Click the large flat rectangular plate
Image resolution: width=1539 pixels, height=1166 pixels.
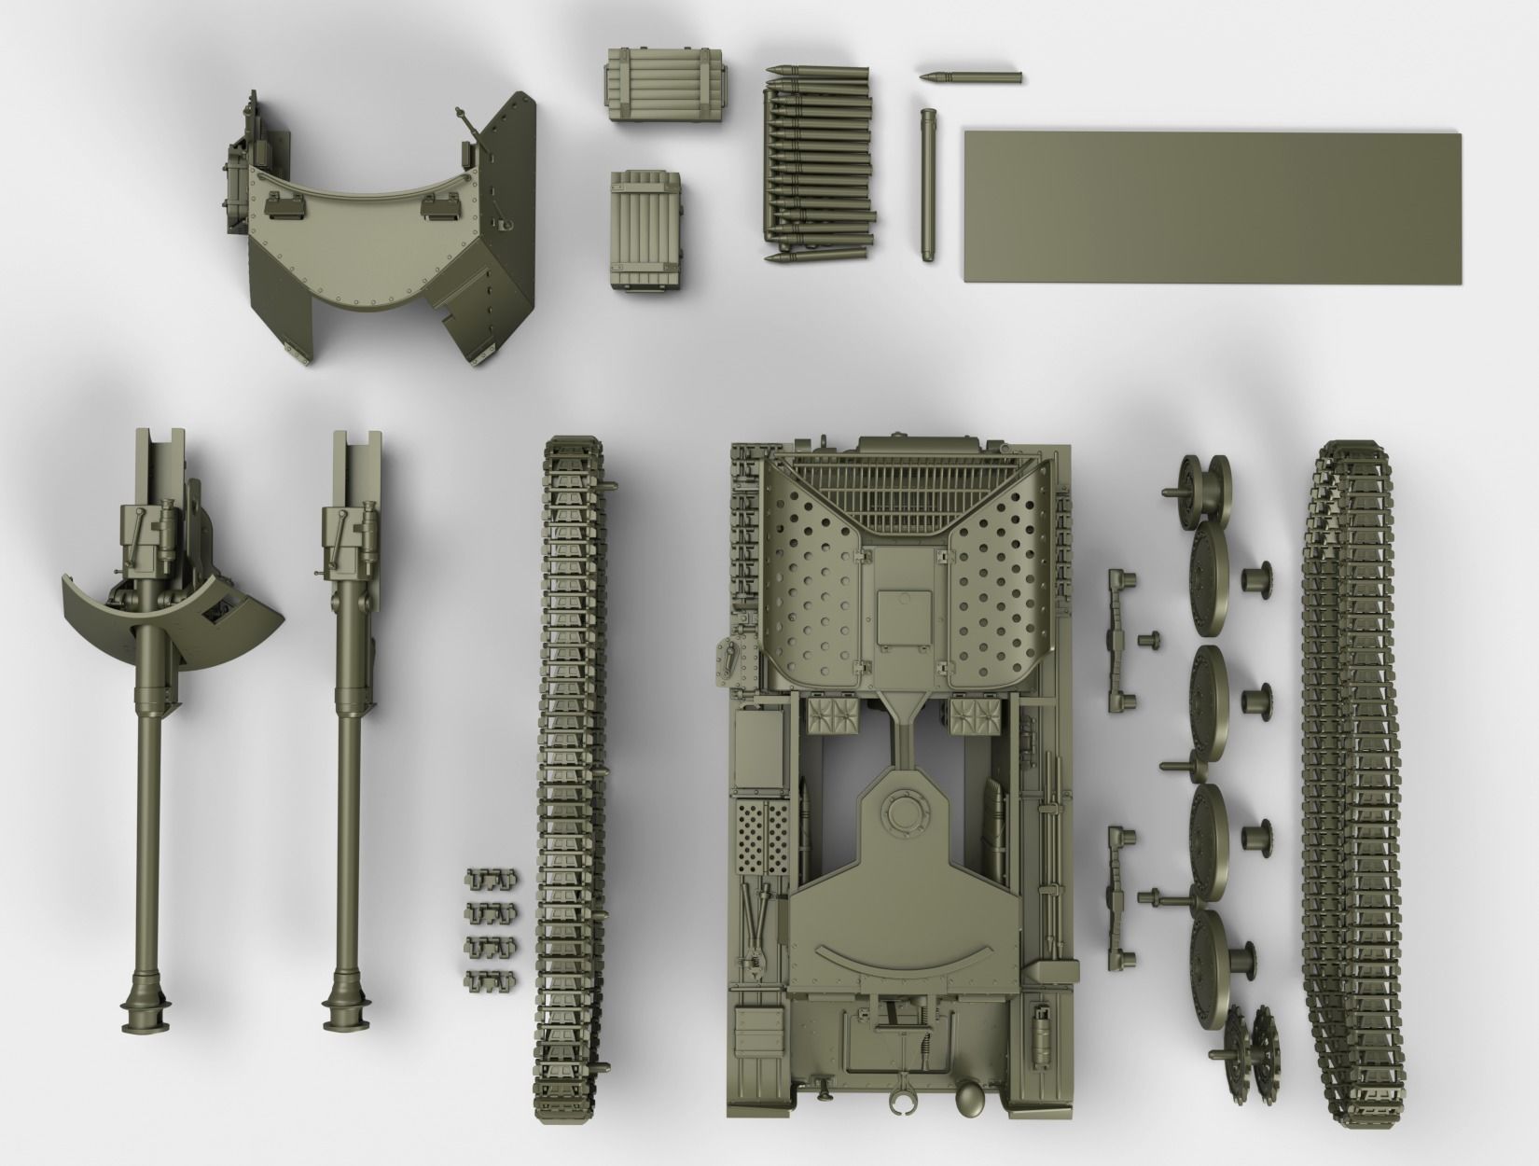(1213, 208)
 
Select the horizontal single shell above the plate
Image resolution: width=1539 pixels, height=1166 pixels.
(970, 76)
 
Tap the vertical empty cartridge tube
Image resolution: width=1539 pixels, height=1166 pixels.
(927, 185)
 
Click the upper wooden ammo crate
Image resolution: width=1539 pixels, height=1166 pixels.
(666, 86)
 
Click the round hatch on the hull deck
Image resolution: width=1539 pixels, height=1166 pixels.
(902, 812)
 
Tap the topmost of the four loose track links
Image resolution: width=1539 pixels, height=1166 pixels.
(488, 879)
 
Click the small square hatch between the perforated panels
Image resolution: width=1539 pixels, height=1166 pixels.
(902, 616)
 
